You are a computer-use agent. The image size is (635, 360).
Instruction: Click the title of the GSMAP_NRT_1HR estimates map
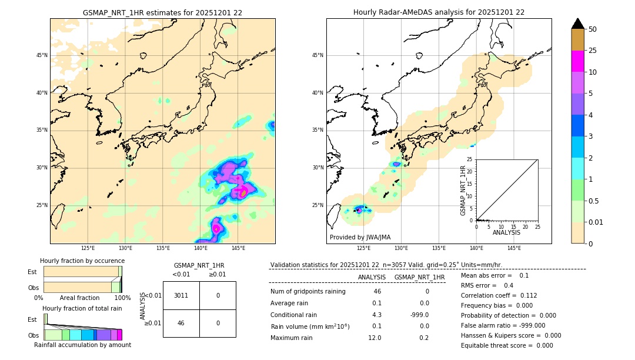click(x=162, y=12)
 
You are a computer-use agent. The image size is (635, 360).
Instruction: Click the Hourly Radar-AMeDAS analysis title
click(x=439, y=12)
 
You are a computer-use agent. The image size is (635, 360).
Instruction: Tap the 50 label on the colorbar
click(x=593, y=29)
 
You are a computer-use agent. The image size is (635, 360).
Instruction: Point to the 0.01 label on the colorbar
click(x=596, y=222)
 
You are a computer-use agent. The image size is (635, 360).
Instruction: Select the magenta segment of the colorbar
click(x=577, y=61)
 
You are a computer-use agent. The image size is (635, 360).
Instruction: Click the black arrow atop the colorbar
click(x=577, y=24)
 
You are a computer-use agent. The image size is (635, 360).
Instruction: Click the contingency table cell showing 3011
click(x=181, y=295)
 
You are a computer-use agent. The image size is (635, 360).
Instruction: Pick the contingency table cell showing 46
click(x=181, y=323)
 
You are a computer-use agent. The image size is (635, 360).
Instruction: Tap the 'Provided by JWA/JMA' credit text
click(x=360, y=237)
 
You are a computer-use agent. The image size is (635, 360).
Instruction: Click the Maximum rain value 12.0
click(x=375, y=338)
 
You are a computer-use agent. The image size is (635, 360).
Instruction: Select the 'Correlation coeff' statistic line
click(x=499, y=295)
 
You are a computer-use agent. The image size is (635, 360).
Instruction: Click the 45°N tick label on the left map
click(x=42, y=55)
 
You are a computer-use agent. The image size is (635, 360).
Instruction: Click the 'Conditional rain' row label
click(x=294, y=315)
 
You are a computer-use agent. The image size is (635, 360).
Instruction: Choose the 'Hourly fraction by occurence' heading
click(x=82, y=261)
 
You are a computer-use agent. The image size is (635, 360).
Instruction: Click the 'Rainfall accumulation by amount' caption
click(x=82, y=345)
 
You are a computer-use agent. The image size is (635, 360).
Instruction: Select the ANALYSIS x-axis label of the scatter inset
click(x=506, y=232)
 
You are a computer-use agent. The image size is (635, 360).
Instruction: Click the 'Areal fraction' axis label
click(x=79, y=298)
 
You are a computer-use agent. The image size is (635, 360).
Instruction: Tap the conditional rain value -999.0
click(x=419, y=315)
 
